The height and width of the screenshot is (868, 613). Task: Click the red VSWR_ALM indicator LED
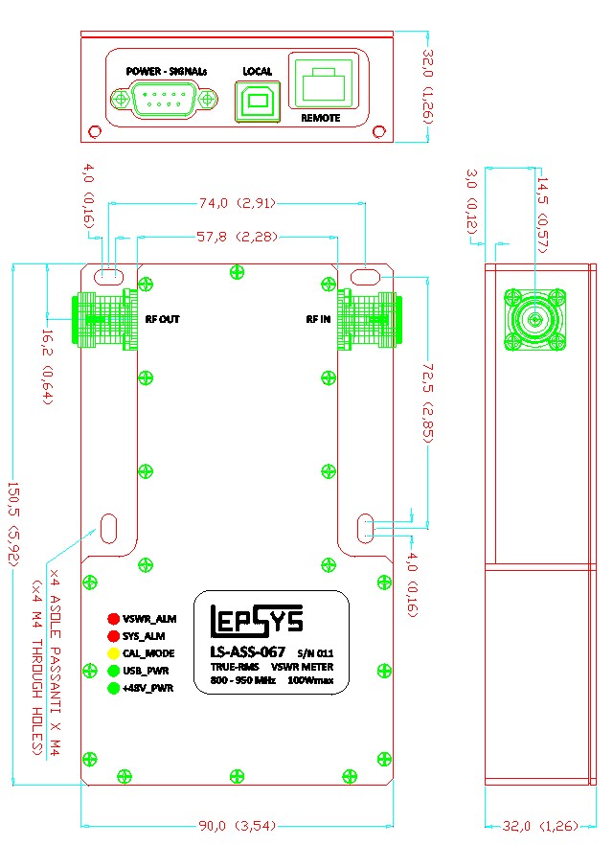pyautogui.click(x=113, y=619)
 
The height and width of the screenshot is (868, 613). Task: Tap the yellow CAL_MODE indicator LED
pyautogui.click(x=113, y=653)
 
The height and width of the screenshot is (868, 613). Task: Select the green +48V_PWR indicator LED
pyautogui.click(x=113, y=688)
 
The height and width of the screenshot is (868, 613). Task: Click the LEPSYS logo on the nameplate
pyautogui.click(x=257, y=624)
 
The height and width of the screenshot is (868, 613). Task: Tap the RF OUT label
pyautogui.click(x=162, y=319)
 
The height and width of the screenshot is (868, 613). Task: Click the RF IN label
pyautogui.click(x=319, y=319)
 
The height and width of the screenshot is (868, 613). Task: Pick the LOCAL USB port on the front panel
pyautogui.click(x=256, y=99)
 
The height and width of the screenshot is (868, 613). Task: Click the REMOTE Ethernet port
pyautogui.click(x=322, y=86)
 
